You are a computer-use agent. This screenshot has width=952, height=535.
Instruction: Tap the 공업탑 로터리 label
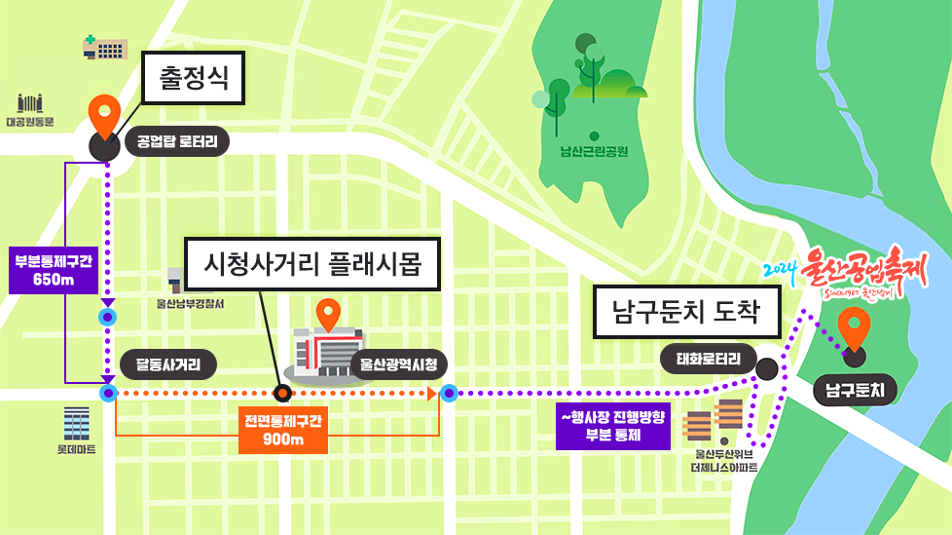click(x=176, y=143)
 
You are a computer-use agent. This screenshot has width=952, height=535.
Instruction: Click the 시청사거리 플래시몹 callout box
click(x=312, y=263)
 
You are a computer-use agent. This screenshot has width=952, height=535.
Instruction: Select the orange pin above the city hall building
click(x=329, y=313)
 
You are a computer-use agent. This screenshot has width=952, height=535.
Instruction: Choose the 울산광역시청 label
click(x=398, y=365)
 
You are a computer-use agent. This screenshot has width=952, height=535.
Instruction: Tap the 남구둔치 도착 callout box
click(x=687, y=312)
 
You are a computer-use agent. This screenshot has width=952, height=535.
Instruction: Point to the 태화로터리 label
click(x=708, y=358)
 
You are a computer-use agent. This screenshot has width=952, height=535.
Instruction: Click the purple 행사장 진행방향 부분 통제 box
click(x=612, y=426)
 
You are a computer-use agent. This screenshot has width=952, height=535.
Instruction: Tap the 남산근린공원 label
click(x=594, y=151)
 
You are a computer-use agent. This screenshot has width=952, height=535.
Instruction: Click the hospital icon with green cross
click(x=105, y=47)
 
